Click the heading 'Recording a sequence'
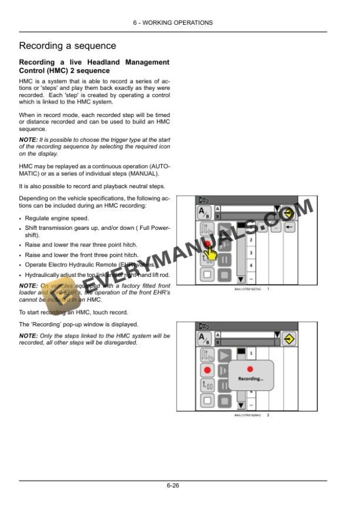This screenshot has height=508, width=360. (x=68, y=46)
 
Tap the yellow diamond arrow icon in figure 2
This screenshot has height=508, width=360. (x=288, y=339)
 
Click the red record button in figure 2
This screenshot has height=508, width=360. (x=206, y=370)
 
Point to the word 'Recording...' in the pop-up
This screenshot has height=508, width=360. (x=251, y=379)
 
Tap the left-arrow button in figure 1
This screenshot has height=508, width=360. (x=289, y=227)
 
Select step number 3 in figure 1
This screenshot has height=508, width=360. (x=251, y=253)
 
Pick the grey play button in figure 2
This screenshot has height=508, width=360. (x=225, y=355)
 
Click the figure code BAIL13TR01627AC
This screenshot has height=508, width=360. (x=247, y=290)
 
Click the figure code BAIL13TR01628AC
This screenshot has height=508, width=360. (x=247, y=416)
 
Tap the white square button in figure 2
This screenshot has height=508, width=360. (x=206, y=401)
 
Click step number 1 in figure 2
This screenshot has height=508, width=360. (x=251, y=353)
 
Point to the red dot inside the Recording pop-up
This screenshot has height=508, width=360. (x=250, y=369)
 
